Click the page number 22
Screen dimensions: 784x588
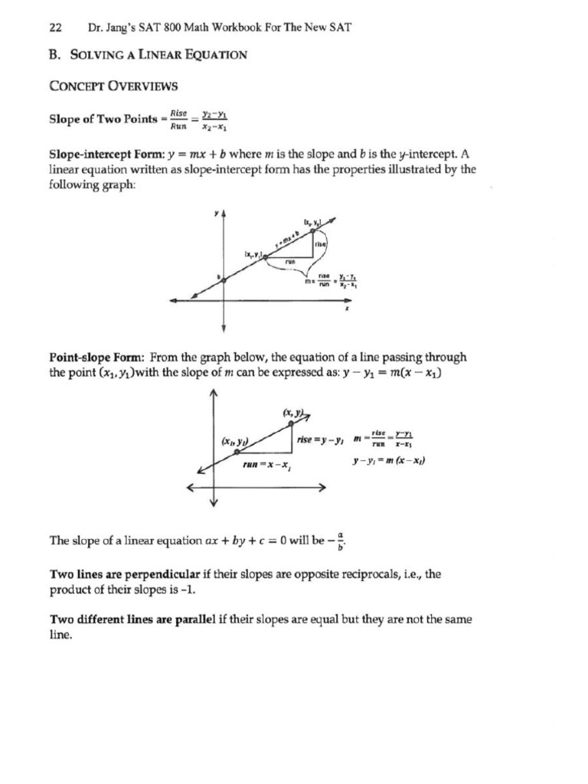54,28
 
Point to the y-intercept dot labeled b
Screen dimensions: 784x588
223,280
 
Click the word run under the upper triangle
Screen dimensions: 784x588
289,261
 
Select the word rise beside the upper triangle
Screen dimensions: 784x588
320,243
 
